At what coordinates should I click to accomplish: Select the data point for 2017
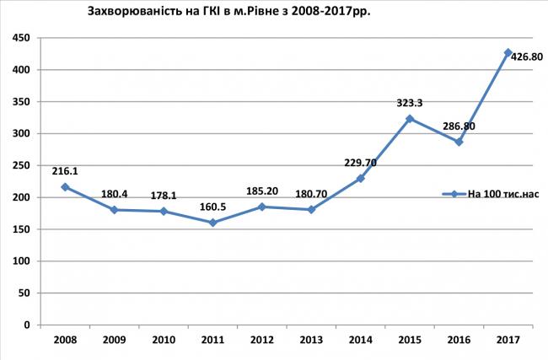point(508,52)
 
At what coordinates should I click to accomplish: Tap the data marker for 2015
point(410,119)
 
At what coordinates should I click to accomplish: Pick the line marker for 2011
point(212,223)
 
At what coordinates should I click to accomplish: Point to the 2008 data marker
point(65,187)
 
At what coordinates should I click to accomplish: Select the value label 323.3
point(409,103)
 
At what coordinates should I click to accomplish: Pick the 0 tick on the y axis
point(28,325)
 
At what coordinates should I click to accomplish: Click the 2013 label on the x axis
point(311,340)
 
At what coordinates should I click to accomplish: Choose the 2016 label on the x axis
point(459,340)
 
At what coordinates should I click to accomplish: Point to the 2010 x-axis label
point(163,340)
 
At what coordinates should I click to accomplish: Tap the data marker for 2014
point(360,179)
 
